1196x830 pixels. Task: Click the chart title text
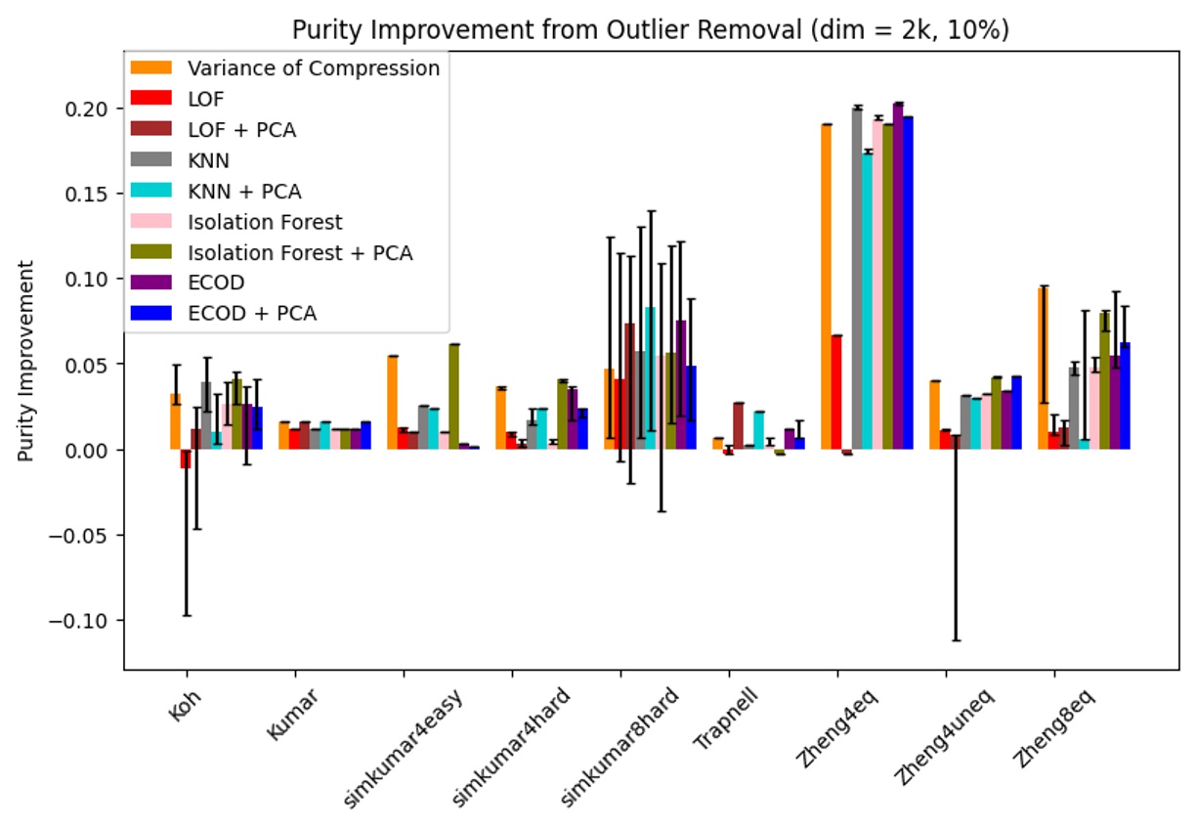pyautogui.click(x=650, y=29)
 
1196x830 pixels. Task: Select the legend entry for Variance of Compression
pyautogui.click(x=313, y=68)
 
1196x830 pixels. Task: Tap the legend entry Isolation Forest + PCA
pyautogui.click(x=300, y=252)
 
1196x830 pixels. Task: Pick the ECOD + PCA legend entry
pyautogui.click(x=252, y=313)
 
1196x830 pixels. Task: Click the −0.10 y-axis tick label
pyautogui.click(x=93, y=621)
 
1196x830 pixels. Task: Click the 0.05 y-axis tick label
pyautogui.click(x=99, y=365)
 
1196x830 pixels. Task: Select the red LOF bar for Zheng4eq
pyautogui.click(x=836, y=391)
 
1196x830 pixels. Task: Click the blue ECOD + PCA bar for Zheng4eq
pyautogui.click(x=908, y=284)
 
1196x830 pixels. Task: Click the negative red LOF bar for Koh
pyautogui.click(x=186, y=459)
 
